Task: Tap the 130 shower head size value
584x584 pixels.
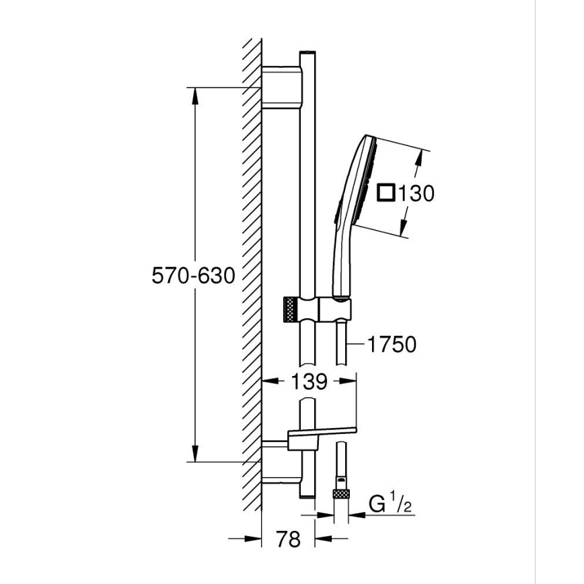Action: pyautogui.click(x=415, y=194)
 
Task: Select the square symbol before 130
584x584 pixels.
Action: pyautogui.click(x=386, y=193)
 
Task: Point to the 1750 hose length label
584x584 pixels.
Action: pyautogui.click(x=392, y=344)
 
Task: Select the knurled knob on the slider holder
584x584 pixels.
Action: pyautogui.click(x=289, y=310)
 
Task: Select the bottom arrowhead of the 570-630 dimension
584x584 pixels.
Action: pyautogui.click(x=195, y=454)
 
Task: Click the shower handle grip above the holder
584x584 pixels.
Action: pyautogui.click(x=341, y=262)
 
